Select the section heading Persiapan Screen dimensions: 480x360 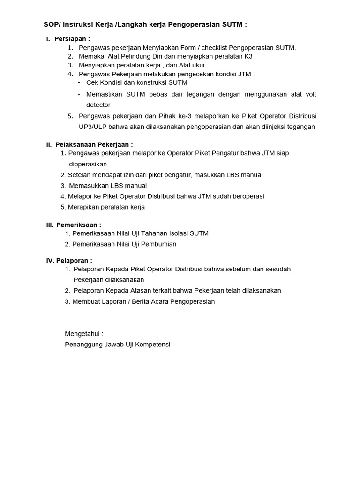71,39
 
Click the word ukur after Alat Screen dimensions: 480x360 197,65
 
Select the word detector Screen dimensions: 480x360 98,105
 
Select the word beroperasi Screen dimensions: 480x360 248,196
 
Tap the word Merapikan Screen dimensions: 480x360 83,207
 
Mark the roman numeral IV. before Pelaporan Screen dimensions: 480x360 50,261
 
